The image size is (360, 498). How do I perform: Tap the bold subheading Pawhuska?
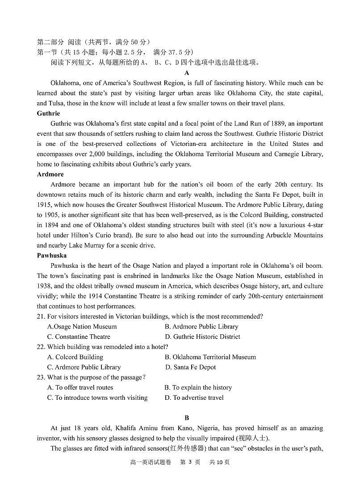pos(51,255)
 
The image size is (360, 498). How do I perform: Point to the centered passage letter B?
pos(187,418)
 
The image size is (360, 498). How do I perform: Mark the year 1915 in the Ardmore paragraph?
pos(44,205)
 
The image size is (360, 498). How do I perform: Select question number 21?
pos(41,316)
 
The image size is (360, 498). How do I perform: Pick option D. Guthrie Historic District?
pos(202,337)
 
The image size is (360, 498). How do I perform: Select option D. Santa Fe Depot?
pos(190,367)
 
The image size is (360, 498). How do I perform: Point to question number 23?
pos(41,378)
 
